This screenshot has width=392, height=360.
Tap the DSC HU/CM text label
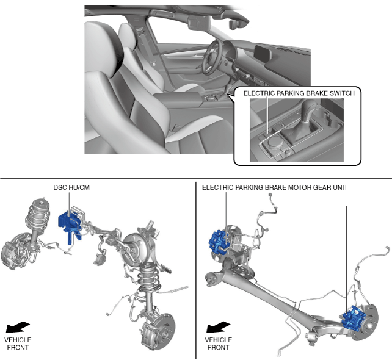pos(71,187)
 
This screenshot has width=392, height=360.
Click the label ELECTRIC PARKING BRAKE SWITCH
pos(299,93)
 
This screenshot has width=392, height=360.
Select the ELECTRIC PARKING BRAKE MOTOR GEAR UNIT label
pos(275,187)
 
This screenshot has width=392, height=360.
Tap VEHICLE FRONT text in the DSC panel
pos(18,344)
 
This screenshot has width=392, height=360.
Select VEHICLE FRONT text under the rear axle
pos(219,344)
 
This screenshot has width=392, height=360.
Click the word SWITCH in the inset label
pos(341,93)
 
